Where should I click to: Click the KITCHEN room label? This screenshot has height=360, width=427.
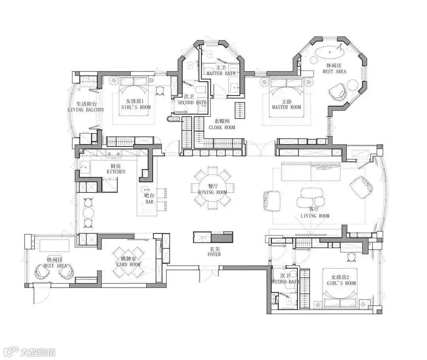click(116, 172)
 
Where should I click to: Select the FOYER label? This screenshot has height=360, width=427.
click(214, 254)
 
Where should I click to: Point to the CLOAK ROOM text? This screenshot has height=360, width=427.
click(222, 127)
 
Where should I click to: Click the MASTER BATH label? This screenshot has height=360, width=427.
click(221, 73)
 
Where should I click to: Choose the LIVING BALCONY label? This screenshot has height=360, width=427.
click(86, 110)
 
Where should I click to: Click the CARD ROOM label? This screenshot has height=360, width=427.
click(128, 264)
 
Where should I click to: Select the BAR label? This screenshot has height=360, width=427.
click(149, 202)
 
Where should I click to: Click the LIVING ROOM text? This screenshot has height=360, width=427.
click(315, 216)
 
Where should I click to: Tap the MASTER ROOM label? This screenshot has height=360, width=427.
click(287, 107)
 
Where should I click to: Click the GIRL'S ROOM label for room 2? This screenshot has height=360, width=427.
click(342, 283)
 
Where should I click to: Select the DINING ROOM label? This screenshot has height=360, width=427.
click(212, 192)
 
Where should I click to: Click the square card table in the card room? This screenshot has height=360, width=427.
click(128, 261)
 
